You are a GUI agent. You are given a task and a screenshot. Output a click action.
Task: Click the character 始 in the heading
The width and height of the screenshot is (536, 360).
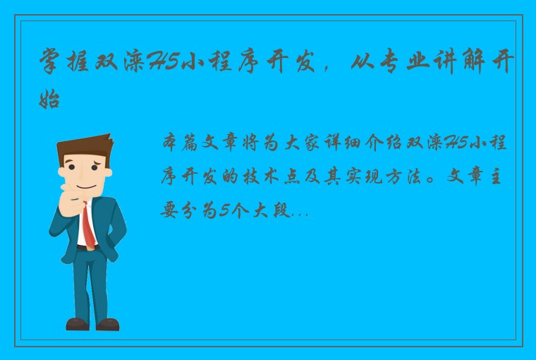point(50,100)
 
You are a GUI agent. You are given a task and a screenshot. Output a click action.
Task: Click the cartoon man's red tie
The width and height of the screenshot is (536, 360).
point(88,225)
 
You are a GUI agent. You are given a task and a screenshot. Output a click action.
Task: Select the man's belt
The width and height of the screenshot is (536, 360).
point(86,248)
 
